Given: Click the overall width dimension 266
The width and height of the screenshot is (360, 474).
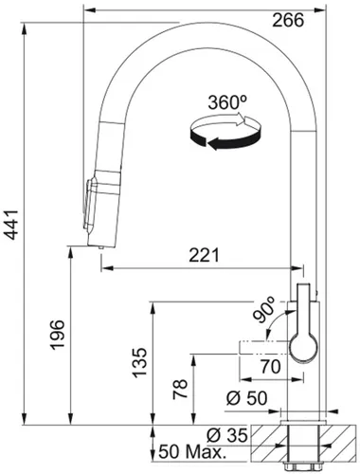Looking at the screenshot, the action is (288, 21).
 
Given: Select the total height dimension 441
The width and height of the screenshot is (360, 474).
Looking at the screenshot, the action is (12, 225).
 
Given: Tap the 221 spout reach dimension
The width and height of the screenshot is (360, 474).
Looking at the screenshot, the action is (204, 255).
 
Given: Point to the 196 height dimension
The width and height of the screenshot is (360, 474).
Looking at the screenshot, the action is (58, 335).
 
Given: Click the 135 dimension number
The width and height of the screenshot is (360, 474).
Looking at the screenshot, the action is (139, 363).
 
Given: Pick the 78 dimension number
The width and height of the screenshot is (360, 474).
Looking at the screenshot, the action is (180, 390).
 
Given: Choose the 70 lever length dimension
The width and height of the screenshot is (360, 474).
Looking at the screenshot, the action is (271, 367).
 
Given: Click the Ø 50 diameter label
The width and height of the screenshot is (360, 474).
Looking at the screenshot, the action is (246, 398).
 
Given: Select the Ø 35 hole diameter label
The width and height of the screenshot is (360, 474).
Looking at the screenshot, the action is (227, 436).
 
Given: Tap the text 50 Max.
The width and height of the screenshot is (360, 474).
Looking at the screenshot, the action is (192, 452).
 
